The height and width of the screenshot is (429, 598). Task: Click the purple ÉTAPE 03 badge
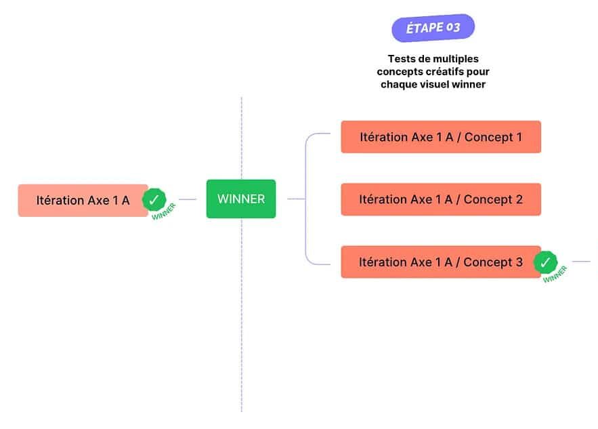coord(433,28)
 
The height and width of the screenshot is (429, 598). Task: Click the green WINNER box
coord(241,199)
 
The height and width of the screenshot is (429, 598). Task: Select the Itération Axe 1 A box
coord(83,201)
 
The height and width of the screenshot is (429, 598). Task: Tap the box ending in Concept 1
coord(441,137)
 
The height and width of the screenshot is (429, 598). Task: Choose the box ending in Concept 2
coord(441,199)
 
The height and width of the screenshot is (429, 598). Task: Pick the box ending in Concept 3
coord(441,262)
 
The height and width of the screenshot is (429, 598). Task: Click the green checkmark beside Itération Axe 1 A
coord(154,200)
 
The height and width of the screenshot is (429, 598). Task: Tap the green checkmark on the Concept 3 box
coord(545,262)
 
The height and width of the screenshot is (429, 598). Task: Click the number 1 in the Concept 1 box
coord(519,137)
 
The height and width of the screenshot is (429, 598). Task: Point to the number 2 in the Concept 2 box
coord(519,199)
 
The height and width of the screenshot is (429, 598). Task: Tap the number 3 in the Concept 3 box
coord(519,262)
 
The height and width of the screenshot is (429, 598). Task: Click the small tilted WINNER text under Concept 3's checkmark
coord(555,274)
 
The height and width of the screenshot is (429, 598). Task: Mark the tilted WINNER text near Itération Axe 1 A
coord(164,211)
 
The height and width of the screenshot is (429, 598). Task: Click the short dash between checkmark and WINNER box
coord(188,199)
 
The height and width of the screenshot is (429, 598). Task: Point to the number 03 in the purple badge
coord(453,27)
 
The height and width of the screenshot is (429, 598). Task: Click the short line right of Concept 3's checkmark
coord(581,262)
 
